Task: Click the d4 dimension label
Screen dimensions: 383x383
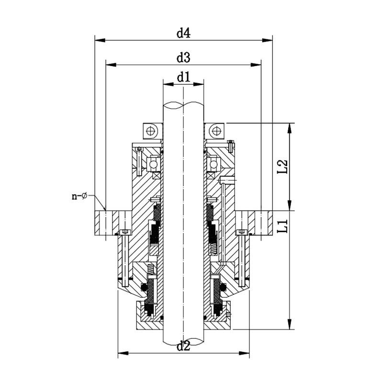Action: tap(183, 33)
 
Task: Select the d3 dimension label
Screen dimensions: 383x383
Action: tap(183, 58)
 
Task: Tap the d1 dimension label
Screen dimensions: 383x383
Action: tap(183, 78)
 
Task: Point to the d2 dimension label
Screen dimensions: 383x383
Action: tap(183, 346)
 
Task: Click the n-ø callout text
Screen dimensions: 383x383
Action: tap(79, 196)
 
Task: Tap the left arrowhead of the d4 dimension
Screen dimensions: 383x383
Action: tap(100, 40)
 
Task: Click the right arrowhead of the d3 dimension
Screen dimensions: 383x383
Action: tap(256, 65)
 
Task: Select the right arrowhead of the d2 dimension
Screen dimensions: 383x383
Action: tap(244, 353)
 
